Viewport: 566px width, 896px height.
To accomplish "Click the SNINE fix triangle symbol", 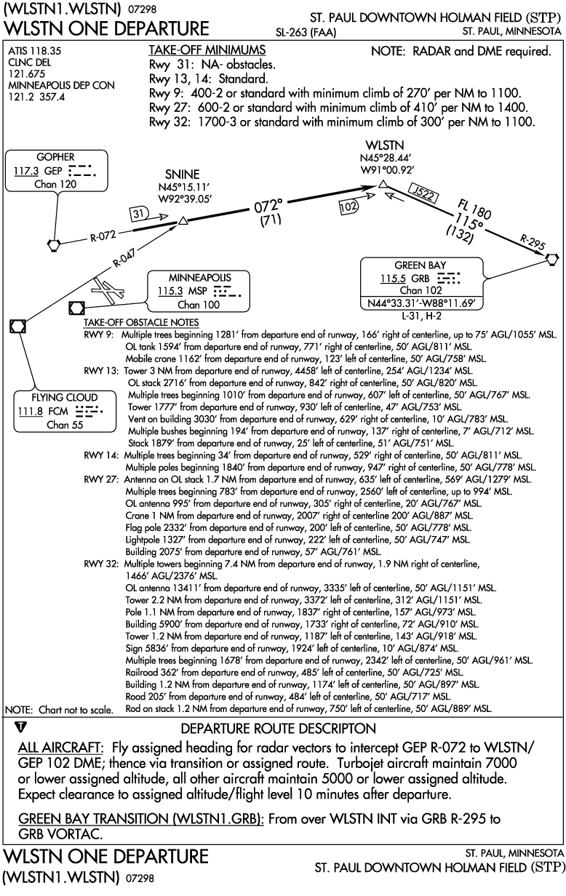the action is coord(183,221).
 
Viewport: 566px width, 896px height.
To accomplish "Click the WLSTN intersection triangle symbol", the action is coord(383,184).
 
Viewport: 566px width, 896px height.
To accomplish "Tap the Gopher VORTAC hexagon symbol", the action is coord(54,244).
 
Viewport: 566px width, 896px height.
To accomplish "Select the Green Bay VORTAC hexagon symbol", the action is coord(552,259).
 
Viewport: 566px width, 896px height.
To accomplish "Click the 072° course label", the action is coord(268,207).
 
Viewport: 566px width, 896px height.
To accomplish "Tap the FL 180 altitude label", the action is coord(474,209).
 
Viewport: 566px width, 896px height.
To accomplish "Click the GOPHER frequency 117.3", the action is coord(26,171).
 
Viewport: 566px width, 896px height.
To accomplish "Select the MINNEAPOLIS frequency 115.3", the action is coord(170,291).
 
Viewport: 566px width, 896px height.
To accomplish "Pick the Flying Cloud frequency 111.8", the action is coord(31,412).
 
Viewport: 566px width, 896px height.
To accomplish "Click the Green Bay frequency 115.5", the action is coord(393,279).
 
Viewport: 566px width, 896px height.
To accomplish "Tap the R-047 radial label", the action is coord(124,257).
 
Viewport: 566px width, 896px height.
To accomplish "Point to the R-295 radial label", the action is coord(532,242).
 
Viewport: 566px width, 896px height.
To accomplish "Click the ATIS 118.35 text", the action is coord(35,51).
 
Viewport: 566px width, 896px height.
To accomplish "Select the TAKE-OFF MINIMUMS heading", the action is coord(207,50).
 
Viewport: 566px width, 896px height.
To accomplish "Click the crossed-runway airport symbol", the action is coord(107,289).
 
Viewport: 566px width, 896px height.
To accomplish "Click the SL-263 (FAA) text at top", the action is coord(306,33).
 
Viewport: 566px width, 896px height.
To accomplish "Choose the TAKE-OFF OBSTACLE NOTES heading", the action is coord(141,322).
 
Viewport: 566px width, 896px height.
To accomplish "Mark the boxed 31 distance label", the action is coord(138,214).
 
